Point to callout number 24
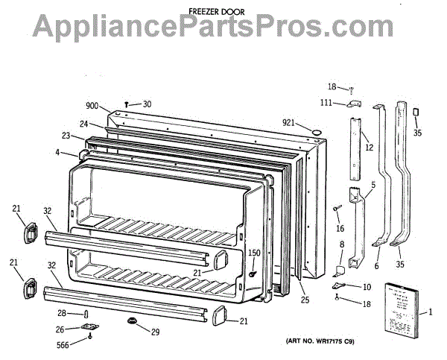tap(86, 124)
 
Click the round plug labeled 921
tap(317, 133)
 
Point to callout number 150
tap(255, 254)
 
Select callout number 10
tap(367, 286)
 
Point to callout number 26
tap(60, 330)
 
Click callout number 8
tap(341, 244)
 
